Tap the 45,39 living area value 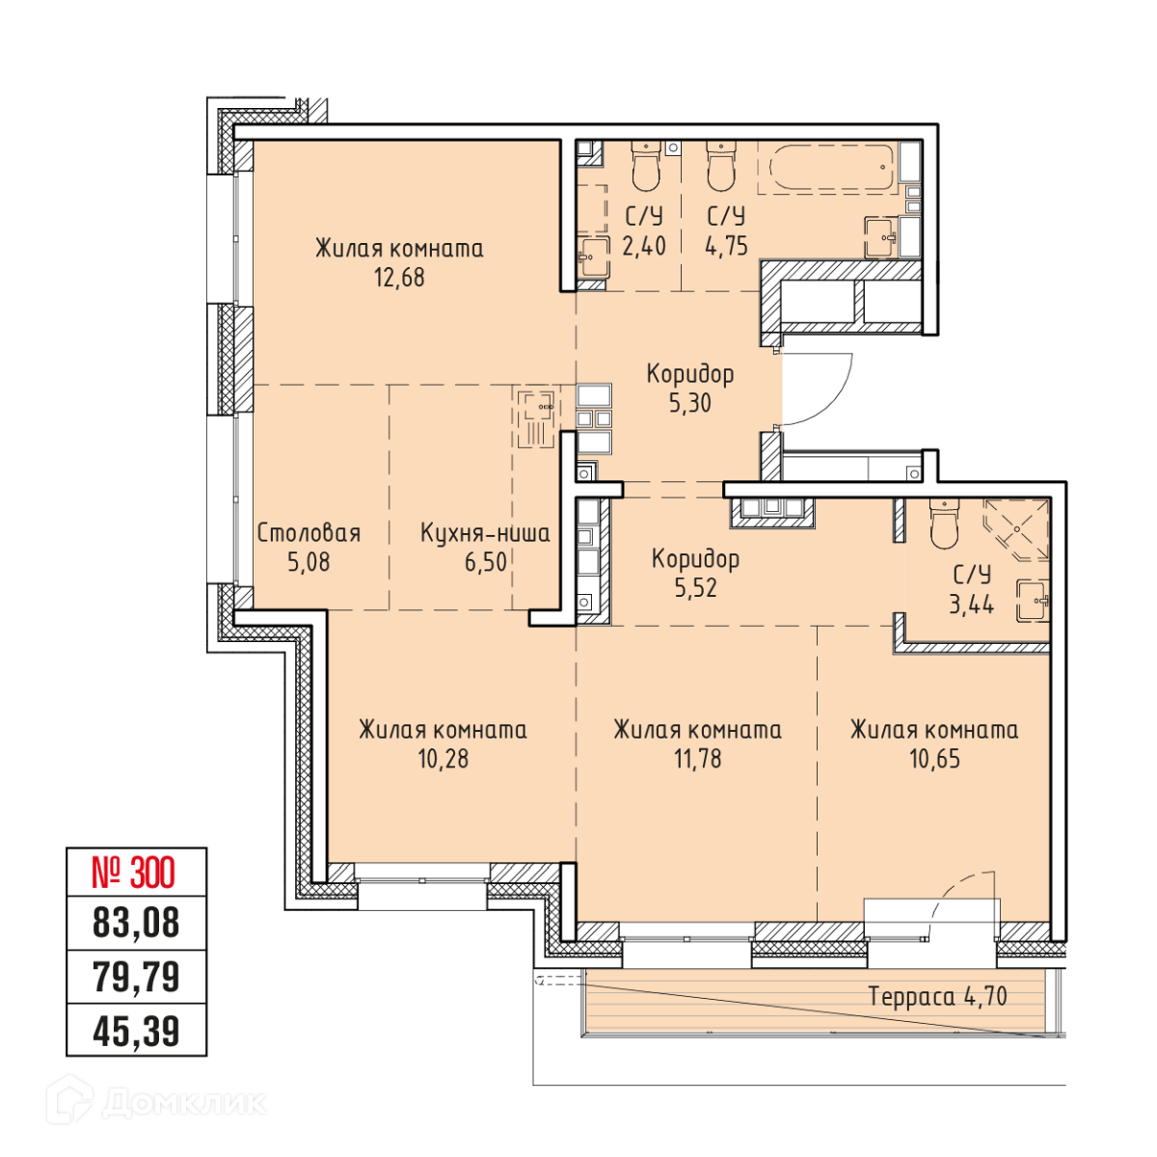136,1031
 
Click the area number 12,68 399,278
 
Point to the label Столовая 309,533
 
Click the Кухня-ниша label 485,533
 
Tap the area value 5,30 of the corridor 690,403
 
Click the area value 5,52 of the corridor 695,588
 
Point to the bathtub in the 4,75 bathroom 828,168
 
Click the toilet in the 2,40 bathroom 646,167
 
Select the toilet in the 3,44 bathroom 943,524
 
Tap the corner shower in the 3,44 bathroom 1016,529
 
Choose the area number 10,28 444,759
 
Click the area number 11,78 697,759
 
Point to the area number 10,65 934,759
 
